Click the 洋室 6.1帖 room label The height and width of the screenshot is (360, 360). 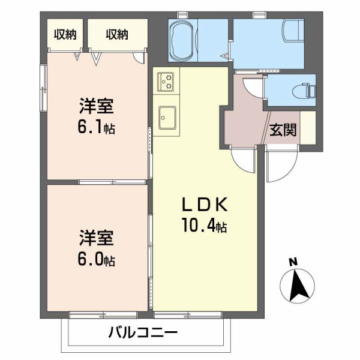tap(97, 117)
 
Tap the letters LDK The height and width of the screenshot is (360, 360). tap(204, 205)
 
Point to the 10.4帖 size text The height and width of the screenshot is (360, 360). tap(204, 226)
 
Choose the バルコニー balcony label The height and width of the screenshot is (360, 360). tap(143, 332)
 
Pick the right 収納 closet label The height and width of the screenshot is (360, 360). tap(118, 35)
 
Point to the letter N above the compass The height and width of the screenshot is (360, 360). tap(293, 262)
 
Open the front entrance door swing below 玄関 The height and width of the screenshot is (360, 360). tap(281, 163)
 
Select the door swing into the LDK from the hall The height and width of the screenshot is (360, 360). tap(244, 158)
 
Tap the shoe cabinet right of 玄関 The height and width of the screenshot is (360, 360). tap(308, 127)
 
